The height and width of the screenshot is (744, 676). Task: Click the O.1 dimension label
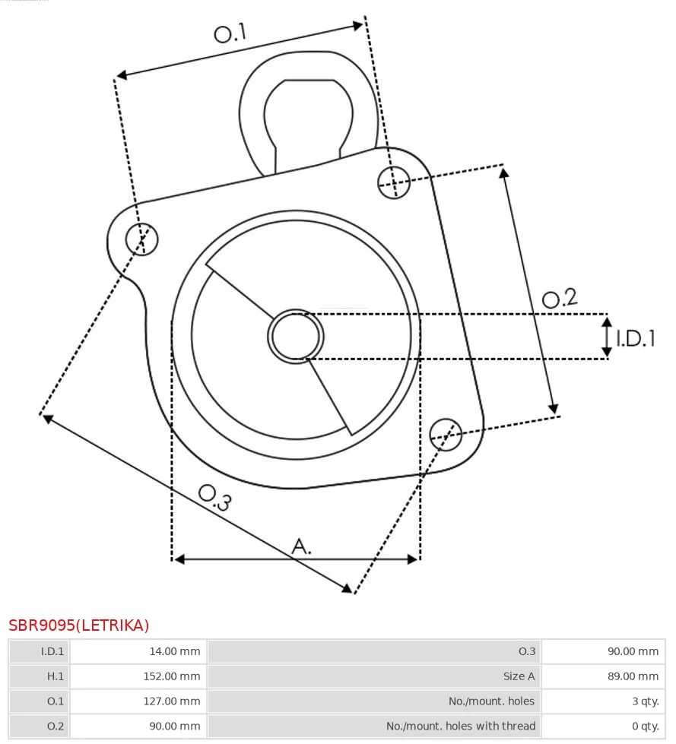(x=230, y=33)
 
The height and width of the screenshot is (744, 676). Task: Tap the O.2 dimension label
(x=560, y=299)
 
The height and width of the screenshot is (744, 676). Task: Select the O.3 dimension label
(x=215, y=497)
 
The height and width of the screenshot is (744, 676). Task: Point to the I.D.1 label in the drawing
(x=636, y=338)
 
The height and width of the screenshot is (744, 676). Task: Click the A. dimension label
(x=301, y=546)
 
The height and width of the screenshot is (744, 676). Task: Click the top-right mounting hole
(x=394, y=182)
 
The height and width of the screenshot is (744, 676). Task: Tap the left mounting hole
(x=142, y=239)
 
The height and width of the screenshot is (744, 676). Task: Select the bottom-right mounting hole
(x=446, y=435)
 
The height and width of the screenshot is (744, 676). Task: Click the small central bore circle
(x=296, y=337)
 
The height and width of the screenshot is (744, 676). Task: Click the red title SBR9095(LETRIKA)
(x=79, y=625)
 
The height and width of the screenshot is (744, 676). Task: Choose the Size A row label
(x=519, y=676)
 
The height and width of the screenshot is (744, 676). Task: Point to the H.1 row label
(x=55, y=676)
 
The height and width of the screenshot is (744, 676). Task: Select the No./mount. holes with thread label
(x=461, y=726)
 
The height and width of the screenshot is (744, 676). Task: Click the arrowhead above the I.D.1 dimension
(x=607, y=322)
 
